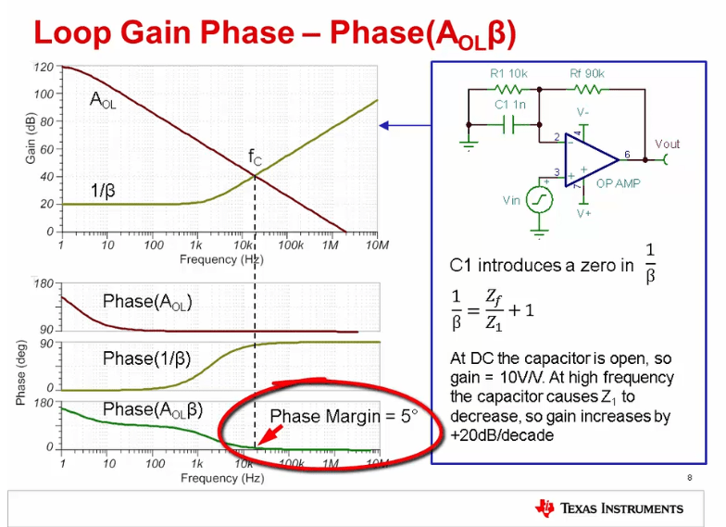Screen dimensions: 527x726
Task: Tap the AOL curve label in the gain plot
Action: click(x=103, y=99)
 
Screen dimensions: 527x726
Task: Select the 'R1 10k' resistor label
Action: click(x=508, y=73)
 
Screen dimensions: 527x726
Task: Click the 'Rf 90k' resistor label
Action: click(x=587, y=73)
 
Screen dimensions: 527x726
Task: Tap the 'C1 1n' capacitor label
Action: click(x=509, y=105)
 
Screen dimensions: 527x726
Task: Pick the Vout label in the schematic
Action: click(x=667, y=144)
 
